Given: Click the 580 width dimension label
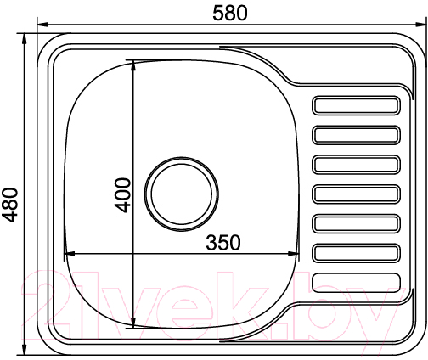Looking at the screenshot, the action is [230, 13].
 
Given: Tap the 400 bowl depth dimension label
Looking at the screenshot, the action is [123, 195].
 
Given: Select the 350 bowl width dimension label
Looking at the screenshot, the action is [223, 243].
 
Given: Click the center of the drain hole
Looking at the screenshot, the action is [182, 194].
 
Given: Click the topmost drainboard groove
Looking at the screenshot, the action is [356, 105].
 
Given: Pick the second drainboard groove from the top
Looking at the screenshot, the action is [356, 135].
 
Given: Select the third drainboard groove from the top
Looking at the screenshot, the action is [356, 164].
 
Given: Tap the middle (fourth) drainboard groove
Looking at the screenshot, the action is [356, 194].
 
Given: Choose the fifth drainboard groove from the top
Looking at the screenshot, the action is [356, 223].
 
